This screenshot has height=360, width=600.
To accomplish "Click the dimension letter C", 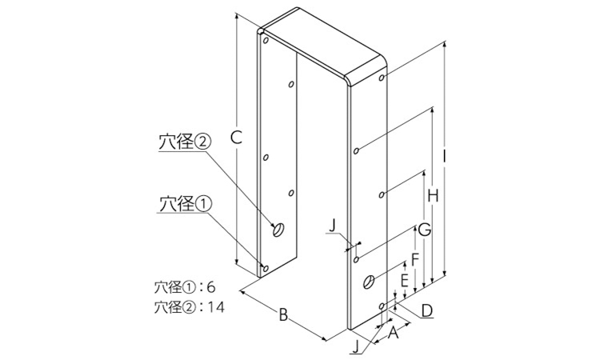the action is [237, 138].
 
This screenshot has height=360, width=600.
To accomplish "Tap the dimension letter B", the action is [282, 315].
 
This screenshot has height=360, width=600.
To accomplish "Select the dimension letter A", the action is [394, 333].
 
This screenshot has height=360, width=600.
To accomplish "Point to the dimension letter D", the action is [426, 310].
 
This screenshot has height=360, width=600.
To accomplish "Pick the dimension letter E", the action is [404, 281].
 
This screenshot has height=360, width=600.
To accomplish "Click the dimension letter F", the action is [415, 259].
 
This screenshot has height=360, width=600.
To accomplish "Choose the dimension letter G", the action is [425, 229].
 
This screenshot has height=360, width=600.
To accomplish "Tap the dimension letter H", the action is [433, 196].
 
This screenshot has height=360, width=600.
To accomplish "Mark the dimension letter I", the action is [444, 156].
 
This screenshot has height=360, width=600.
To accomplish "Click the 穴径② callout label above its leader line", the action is [185, 142].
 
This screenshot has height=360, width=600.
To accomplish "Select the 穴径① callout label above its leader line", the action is [185, 204].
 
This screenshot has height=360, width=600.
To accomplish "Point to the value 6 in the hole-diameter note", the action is [211, 287].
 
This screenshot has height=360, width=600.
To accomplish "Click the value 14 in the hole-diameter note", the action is [215, 307].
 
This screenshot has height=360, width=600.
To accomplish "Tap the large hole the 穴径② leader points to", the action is [278, 230].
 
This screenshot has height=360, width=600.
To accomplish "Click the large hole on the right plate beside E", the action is [369, 282].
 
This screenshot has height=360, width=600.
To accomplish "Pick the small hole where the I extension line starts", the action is [382, 78].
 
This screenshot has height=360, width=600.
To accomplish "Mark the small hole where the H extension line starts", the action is [356, 150].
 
